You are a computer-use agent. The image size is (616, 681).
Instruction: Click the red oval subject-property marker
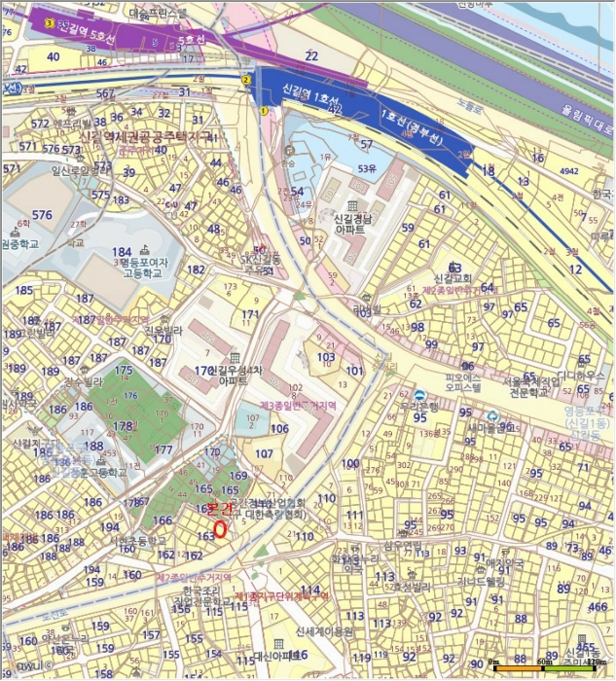220,529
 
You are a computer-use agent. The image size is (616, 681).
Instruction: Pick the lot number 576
42,215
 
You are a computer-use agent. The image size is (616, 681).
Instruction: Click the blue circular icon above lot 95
419,395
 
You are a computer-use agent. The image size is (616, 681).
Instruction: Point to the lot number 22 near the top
311,57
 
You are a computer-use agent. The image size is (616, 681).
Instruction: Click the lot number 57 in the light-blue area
366,145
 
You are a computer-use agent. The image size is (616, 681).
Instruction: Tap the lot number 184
121,255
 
